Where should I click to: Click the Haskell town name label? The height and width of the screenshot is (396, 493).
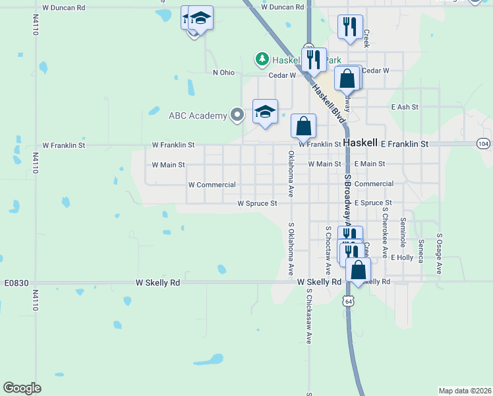pos(360,143)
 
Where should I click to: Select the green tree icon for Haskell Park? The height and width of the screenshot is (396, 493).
pos(262,59)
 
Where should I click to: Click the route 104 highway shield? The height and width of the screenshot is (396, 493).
pos(483,143)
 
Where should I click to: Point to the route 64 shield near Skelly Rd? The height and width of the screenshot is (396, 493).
pos(347,301)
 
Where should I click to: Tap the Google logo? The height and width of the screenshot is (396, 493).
pos(22,387)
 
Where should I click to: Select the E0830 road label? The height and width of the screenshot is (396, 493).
pos(16,282)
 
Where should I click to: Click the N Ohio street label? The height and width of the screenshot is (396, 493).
pos(223,73)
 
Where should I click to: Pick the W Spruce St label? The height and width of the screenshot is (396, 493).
pos(257,203)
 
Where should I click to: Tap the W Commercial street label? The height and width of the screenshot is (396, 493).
pos(212,185)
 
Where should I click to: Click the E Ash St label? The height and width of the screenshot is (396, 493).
pos(405,107)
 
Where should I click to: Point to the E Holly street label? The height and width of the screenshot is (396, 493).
pos(401,257)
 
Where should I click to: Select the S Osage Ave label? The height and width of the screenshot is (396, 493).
pos(439,255)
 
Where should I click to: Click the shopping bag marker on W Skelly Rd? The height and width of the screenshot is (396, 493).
pos(358,271)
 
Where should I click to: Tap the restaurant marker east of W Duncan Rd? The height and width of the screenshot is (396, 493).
pos(349,27)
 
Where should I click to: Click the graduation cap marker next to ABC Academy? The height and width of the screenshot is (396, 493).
pos(265,112)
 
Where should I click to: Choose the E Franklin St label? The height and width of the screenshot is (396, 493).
pos(405,143)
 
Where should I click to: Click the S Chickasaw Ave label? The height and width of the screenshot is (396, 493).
pos(308,315)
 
